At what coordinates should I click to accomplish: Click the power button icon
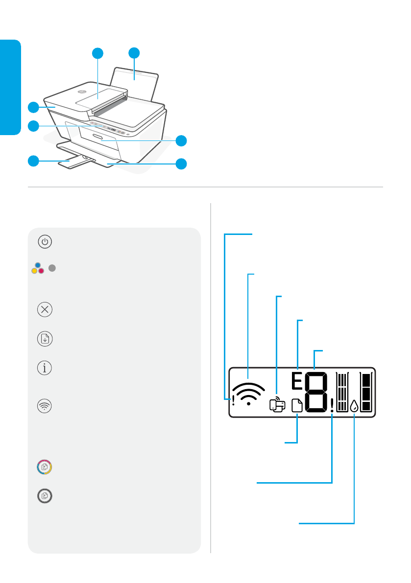click(45, 242)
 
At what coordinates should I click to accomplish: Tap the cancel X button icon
click(45, 310)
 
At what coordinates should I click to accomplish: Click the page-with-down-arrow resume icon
click(45, 339)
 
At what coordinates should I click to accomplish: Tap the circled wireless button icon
click(45, 406)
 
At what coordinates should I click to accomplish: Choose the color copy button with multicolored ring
click(45, 467)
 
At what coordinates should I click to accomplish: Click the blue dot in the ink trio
click(37, 265)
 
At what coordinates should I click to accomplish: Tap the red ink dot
click(41, 271)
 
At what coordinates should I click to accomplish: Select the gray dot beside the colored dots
click(52, 268)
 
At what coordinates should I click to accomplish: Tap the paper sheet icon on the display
click(296, 406)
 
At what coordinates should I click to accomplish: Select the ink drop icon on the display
click(354, 405)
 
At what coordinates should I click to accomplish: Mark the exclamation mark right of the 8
click(332, 404)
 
